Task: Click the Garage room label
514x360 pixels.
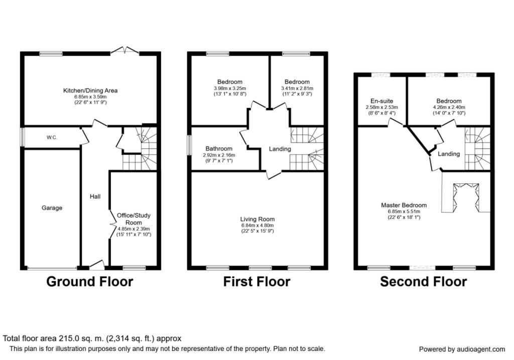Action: (x=52, y=208)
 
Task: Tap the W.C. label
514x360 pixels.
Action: (x=52, y=138)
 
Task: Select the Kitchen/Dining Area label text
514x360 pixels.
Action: (x=90, y=90)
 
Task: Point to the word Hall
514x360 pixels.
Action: (x=95, y=196)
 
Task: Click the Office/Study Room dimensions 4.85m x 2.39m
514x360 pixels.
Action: (x=134, y=229)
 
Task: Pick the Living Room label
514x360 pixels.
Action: (x=258, y=219)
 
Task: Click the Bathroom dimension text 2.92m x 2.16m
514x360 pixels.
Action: (x=219, y=155)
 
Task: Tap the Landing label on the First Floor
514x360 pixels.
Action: (x=280, y=149)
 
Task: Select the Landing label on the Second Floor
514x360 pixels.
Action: (x=449, y=154)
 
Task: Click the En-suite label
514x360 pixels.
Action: (x=381, y=101)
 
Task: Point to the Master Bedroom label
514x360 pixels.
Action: (x=404, y=205)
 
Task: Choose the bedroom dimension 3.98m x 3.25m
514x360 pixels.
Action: (x=230, y=88)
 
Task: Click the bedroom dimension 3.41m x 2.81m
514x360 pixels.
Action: (x=297, y=88)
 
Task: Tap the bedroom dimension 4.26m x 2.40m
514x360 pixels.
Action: (x=449, y=107)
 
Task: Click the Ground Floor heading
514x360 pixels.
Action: (x=89, y=282)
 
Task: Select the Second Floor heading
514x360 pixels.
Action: (x=424, y=282)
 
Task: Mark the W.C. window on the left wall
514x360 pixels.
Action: (x=23, y=137)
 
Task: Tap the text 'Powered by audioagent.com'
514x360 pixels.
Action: (x=462, y=349)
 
